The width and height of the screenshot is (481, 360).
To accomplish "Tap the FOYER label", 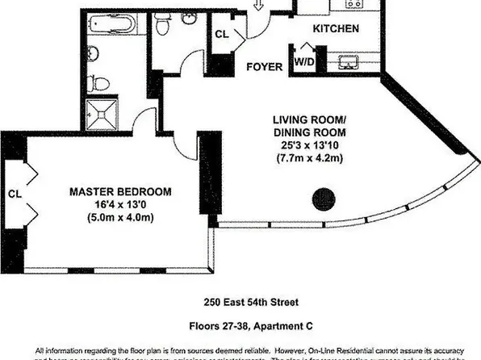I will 265,67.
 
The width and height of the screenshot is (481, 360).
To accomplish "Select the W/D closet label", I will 304,61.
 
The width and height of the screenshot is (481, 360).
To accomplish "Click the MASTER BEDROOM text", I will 120,191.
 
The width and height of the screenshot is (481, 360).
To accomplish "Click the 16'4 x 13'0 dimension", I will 121,205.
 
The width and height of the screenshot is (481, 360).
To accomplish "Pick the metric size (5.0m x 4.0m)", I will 121,218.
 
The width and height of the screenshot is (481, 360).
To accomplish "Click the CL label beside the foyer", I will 223,34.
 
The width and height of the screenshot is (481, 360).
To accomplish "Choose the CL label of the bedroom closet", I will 15,194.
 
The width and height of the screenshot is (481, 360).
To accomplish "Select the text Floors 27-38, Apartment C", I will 240,329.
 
